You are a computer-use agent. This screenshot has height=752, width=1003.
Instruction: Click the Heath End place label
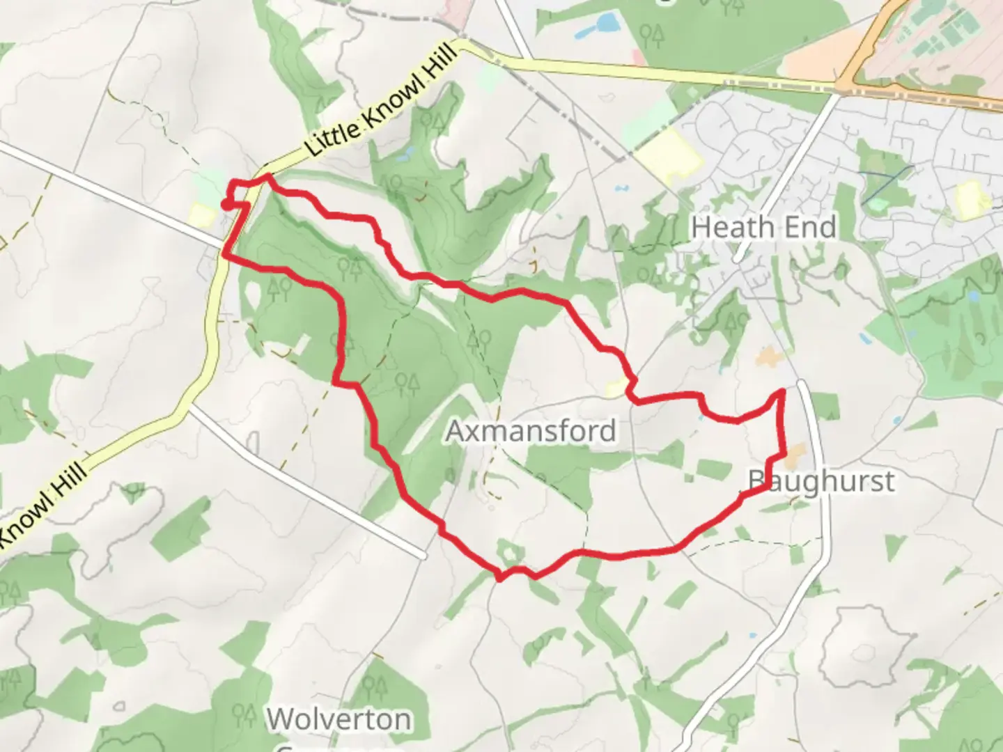point(764,228)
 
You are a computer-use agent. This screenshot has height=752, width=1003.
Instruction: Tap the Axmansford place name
point(531,431)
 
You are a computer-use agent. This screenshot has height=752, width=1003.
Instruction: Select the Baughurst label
point(821,481)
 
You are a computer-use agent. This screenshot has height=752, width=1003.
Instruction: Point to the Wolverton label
point(339,719)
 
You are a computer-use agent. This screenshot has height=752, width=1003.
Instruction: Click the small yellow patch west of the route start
point(201,214)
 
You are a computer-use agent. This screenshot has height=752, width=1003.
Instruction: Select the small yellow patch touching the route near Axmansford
point(616,388)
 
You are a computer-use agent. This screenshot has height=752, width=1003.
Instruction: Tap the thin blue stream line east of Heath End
point(886,185)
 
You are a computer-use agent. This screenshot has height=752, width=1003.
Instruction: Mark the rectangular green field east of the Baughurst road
point(825,406)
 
